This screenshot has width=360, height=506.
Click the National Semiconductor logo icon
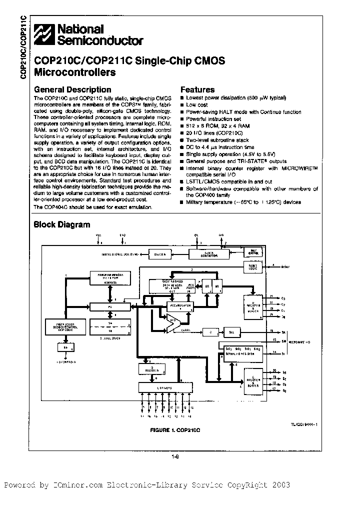tap(43, 35)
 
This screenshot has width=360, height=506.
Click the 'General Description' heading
tap(65, 89)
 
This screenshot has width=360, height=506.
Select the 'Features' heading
tap(197, 89)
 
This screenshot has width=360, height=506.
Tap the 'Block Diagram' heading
tap(61, 224)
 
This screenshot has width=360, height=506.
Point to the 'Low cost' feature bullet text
tap(197, 105)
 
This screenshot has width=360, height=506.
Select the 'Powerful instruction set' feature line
tap(213, 119)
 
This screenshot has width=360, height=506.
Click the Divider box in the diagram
tap(160, 254)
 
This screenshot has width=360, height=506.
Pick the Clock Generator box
tap(206, 254)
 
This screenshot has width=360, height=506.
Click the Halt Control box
tap(254, 253)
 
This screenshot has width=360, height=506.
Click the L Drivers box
tap(164, 387)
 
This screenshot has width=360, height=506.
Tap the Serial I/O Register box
tap(242, 351)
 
